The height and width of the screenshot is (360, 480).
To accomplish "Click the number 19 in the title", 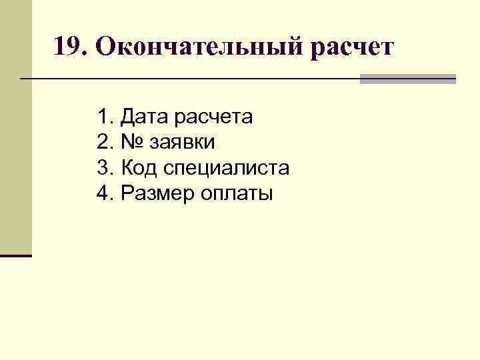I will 67,47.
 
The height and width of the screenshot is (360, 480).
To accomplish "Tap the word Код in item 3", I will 138,168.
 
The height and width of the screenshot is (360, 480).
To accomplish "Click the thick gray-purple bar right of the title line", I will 407,79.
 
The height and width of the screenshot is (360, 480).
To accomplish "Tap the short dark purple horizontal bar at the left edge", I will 15,255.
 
